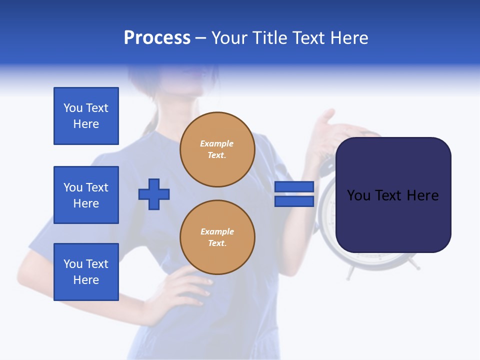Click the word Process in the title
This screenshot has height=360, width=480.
point(157,38)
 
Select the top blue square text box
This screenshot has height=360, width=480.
point(86,116)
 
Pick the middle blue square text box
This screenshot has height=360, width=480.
point(86,195)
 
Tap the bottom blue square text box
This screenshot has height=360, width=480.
point(86,272)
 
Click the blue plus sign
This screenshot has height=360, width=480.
point(154,194)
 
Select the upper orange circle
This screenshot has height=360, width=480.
point(217,149)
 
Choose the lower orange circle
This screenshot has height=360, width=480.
point(217,237)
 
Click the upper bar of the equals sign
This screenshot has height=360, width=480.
point(294,186)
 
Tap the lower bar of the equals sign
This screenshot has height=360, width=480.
point(294,201)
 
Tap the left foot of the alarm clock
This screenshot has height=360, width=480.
point(351,272)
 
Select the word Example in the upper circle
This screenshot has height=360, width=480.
point(217,143)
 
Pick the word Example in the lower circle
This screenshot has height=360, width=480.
point(217,231)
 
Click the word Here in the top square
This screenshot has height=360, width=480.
point(86,124)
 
